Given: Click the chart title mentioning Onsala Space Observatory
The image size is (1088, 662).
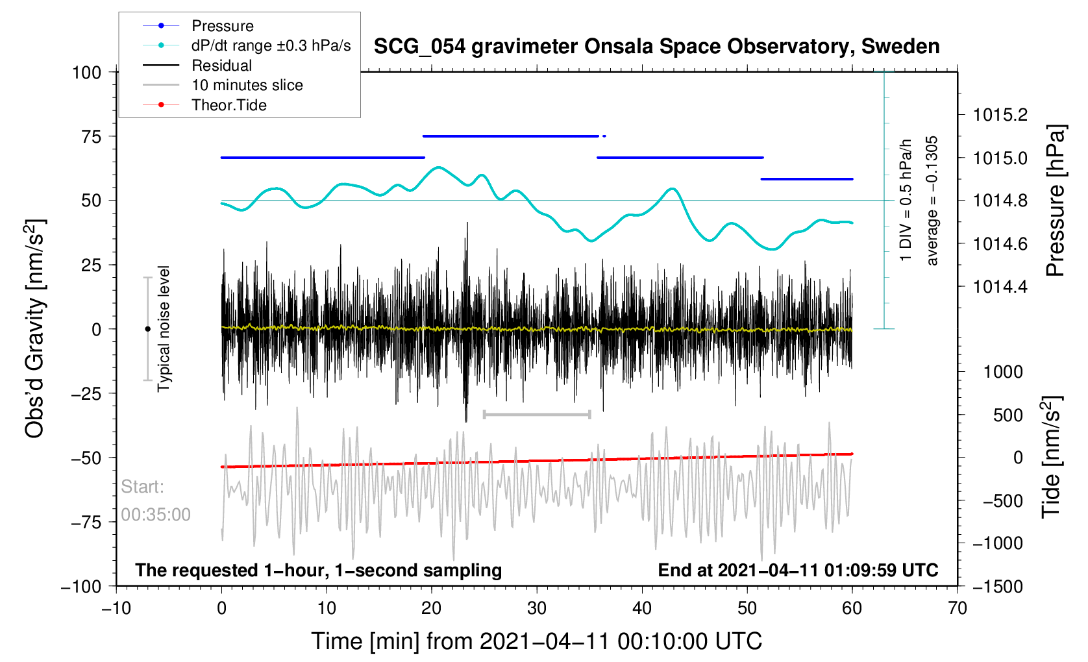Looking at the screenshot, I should tap(656, 47).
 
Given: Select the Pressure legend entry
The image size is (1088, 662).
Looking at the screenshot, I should tap(222, 26).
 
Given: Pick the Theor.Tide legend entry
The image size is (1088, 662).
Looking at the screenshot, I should tap(229, 105).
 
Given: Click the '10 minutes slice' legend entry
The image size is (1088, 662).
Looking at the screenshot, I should tap(247, 85).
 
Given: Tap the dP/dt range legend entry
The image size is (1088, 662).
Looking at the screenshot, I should tap(271, 45).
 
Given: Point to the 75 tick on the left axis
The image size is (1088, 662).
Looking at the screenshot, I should tap(92, 136).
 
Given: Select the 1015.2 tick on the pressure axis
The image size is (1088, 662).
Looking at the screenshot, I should tap(1000, 115).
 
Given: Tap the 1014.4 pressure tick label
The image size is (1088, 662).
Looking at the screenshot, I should tap(1000, 287).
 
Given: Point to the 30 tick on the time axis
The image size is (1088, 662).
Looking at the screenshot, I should tap(537, 608).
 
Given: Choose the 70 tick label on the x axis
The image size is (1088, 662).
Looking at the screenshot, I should tap(958, 608).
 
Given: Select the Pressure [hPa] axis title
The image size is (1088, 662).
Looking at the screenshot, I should tap(1056, 201).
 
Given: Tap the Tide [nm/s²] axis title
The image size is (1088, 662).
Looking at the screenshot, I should tap(1051, 457).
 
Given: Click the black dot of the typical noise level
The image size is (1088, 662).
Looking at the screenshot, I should tap(147, 329).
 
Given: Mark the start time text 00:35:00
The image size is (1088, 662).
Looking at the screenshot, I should tap(156, 515).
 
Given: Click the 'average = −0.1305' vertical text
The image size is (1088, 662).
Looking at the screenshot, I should tap(932, 201).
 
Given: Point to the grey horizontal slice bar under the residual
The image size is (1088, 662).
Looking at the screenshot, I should tap(537, 414).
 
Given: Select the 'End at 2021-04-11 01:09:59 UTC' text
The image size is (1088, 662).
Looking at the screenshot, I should tap(798, 570).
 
